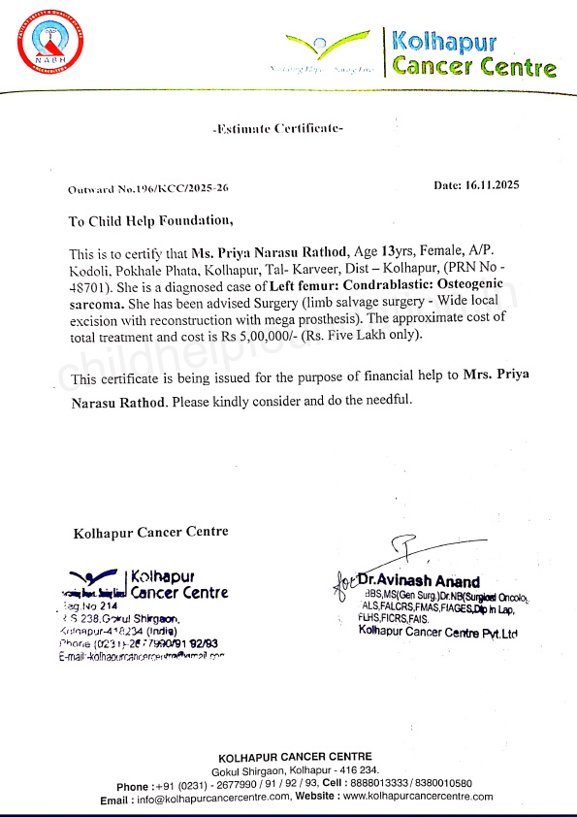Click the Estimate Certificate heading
pyautogui.click(x=277, y=128)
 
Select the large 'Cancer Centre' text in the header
pyautogui.click(x=474, y=67)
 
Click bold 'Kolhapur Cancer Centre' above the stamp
pyautogui.click(x=150, y=532)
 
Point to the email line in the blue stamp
pyautogui.click(x=142, y=656)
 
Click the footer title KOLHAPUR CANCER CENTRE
pyautogui.click(x=294, y=757)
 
